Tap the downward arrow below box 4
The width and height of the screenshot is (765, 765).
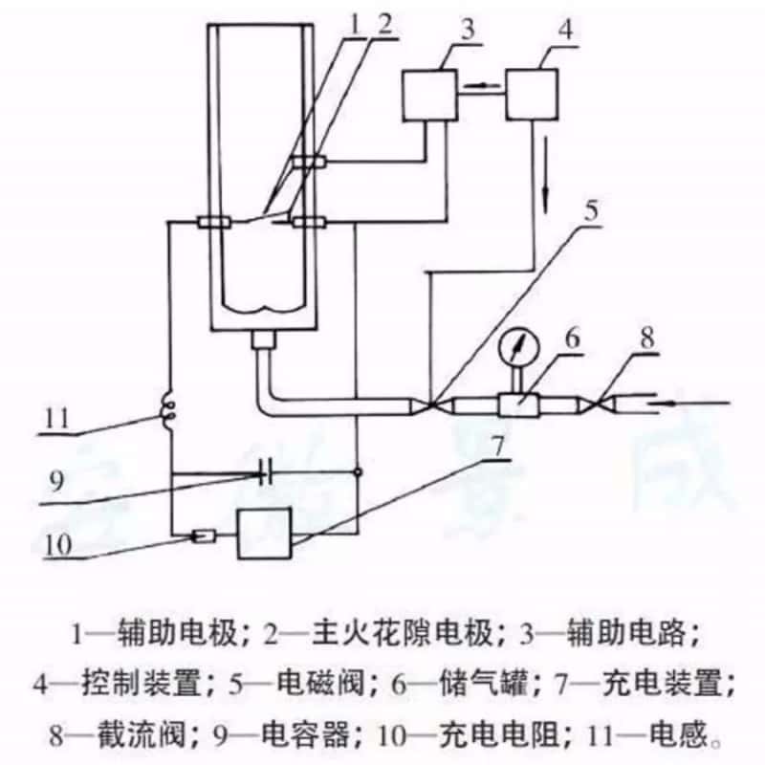[x=547, y=196]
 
